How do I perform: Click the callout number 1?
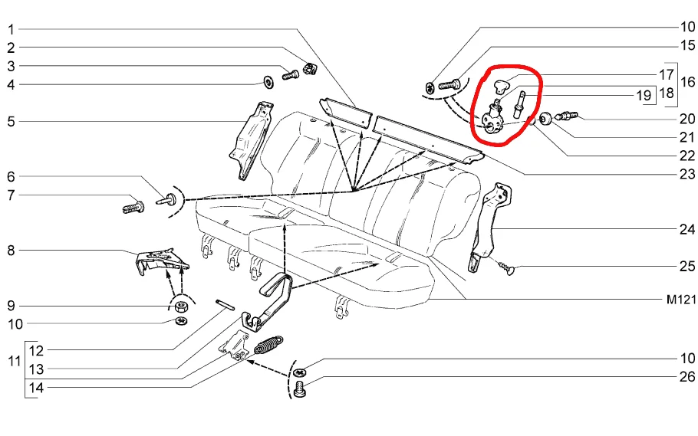coord(12,30)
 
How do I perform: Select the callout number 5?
coord(12,120)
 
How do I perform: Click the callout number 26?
coord(686,377)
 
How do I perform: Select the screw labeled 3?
coord(291,74)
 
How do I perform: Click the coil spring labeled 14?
coord(268,346)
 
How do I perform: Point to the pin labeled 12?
coord(225,303)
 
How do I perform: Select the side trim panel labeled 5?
coord(252,138)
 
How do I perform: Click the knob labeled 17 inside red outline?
coord(502,84)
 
